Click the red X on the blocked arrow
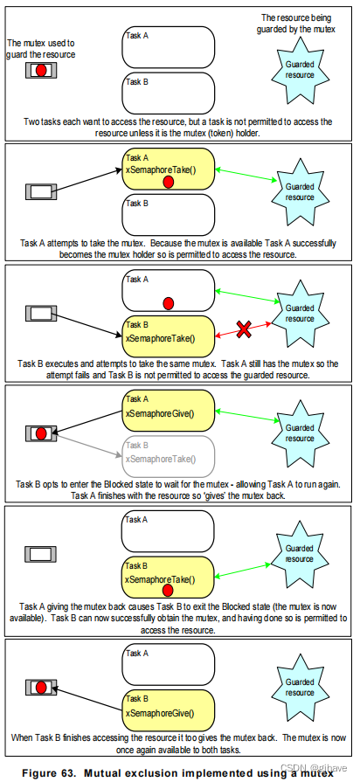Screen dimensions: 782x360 [246, 329]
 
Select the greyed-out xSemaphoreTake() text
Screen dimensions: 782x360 [159, 458]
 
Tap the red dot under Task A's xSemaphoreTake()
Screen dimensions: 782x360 [169, 181]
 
